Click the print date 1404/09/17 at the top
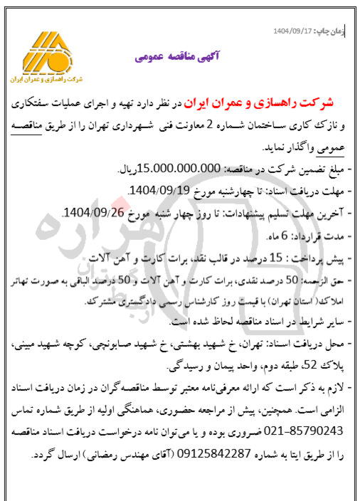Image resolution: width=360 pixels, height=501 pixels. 294,32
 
